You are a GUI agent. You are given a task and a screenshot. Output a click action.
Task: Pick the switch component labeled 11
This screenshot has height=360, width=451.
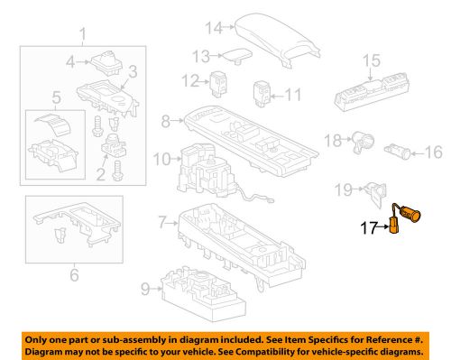pyautogui.click(x=262, y=92)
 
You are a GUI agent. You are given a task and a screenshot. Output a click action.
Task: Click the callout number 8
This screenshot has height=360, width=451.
pyautogui.click(x=164, y=118)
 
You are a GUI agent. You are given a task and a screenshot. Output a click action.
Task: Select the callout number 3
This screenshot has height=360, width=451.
pyautogui.click(x=132, y=69)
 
